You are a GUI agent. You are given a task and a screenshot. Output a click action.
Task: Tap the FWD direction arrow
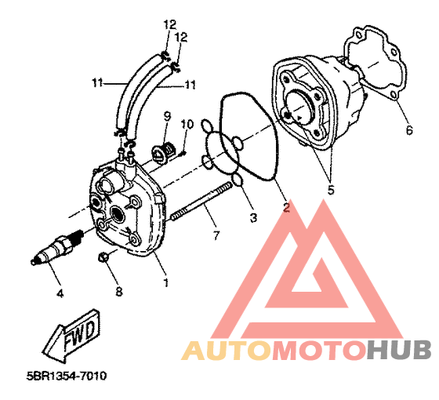pyautogui.click(x=71, y=334)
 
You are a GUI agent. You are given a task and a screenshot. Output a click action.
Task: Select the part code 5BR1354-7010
pyautogui.click(x=67, y=376)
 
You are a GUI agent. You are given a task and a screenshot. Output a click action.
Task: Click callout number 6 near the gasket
pyautogui.click(x=409, y=130)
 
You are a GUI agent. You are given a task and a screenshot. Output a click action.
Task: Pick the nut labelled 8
pyautogui.click(x=103, y=256)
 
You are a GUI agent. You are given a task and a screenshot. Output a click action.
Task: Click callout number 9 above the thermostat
pyautogui.click(x=167, y=116)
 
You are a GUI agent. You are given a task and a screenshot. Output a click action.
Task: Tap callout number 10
pyautogui.click(x=187, y=124)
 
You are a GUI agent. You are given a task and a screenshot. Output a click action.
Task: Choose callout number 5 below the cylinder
pyautogui.click(x=331, y=190)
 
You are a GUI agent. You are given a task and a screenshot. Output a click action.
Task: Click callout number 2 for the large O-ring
pyautogui.click(x=286, y=207)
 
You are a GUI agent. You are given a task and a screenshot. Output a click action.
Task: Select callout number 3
pyautogui.click(x=253, y=217)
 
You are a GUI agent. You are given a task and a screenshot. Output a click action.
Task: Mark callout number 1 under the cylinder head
pyautogui.click(x=166, y=282)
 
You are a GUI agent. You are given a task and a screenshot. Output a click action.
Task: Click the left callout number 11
pyautogui.click(x=97, y=83)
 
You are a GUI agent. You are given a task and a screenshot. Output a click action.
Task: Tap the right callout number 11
pyautogui.click(x=190, y=85)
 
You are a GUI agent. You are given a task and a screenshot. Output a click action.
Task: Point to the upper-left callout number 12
pyautogui.click(x=170, y=24)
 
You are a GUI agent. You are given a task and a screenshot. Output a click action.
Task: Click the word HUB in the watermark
pyautogui.click(x=399, y=350)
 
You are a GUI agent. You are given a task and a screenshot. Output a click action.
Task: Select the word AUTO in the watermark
pyautogui.click(x=227, y=350)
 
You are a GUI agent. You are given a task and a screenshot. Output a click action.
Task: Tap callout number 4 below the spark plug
pyautogui.click(x=60, y=293)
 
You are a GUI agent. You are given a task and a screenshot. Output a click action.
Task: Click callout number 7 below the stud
pyautogui.click(x=216, y=235)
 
